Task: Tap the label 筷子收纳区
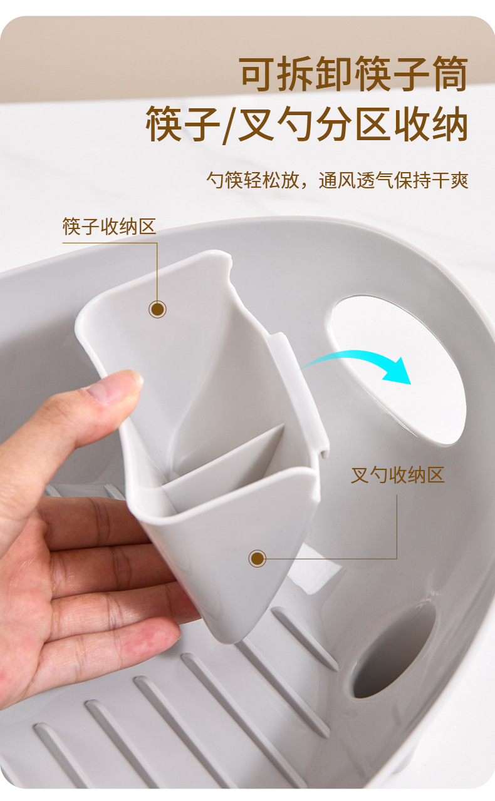pyautogui.click(x=109, y=227)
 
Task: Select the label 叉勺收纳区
pyautogui.click(x=397, y=475)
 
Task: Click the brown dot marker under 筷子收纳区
pyautogui.click(x=157, y=309)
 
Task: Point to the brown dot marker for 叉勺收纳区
pyautogui.click(x=257, y=558)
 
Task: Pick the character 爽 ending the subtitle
pyautogui.click(x=460, y=180)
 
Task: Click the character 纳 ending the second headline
pyautogui.click(x=449, y=125)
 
